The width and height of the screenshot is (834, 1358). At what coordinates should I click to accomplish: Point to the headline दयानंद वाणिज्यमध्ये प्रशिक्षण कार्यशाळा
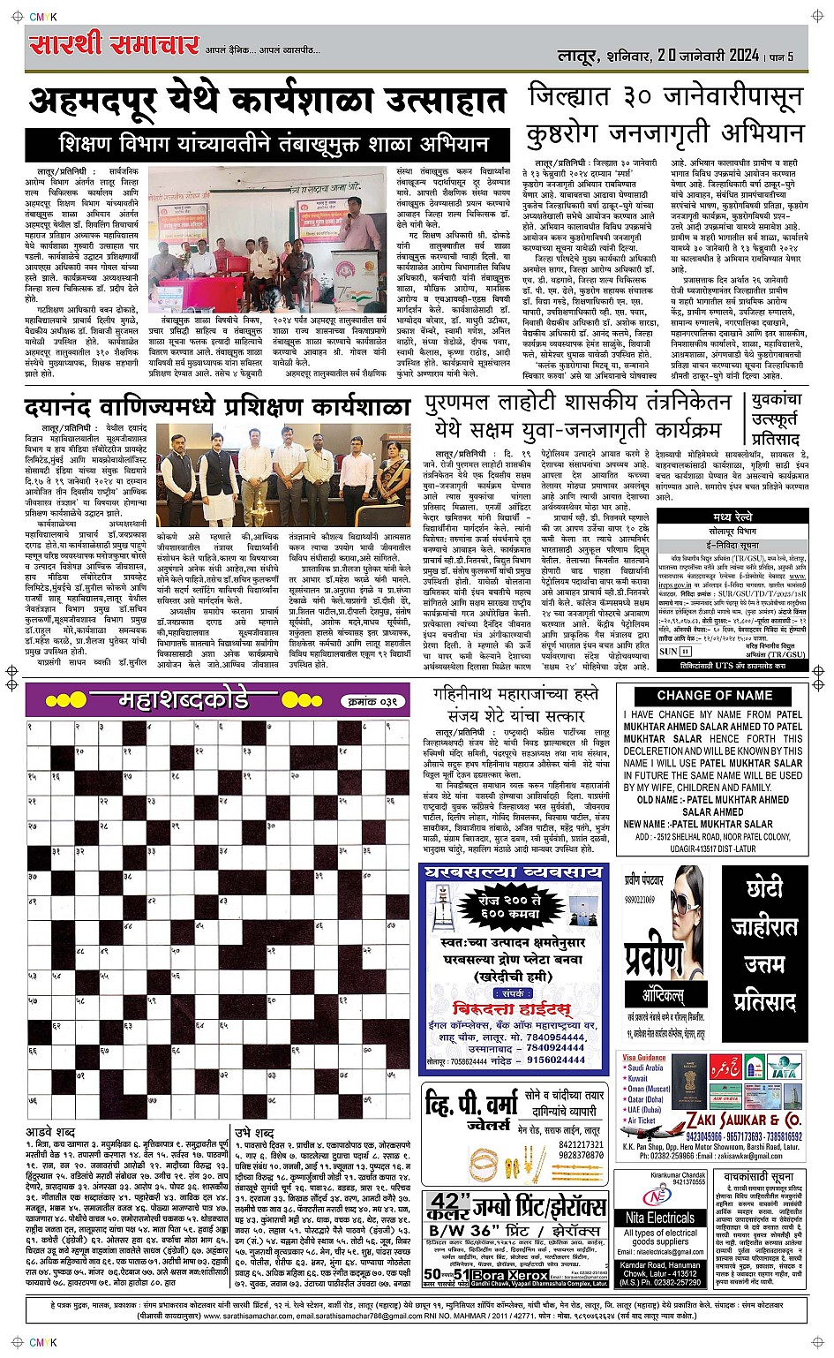point(217,408)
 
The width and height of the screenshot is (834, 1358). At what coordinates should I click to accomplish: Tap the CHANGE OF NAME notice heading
point(714,695)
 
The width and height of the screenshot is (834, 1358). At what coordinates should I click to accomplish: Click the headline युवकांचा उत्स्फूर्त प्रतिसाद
point(776,419)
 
